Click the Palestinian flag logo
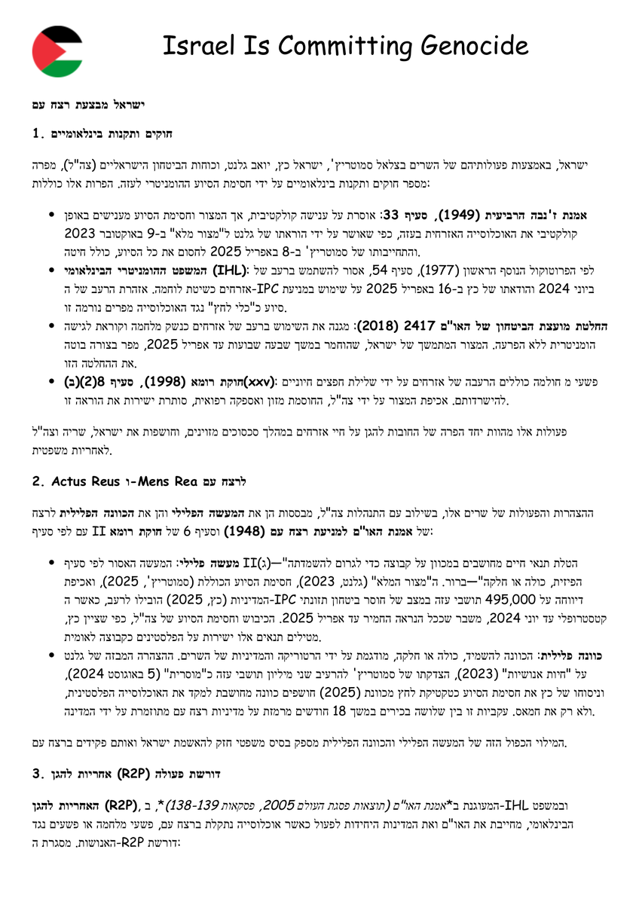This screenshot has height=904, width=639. (x=58, y=50)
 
